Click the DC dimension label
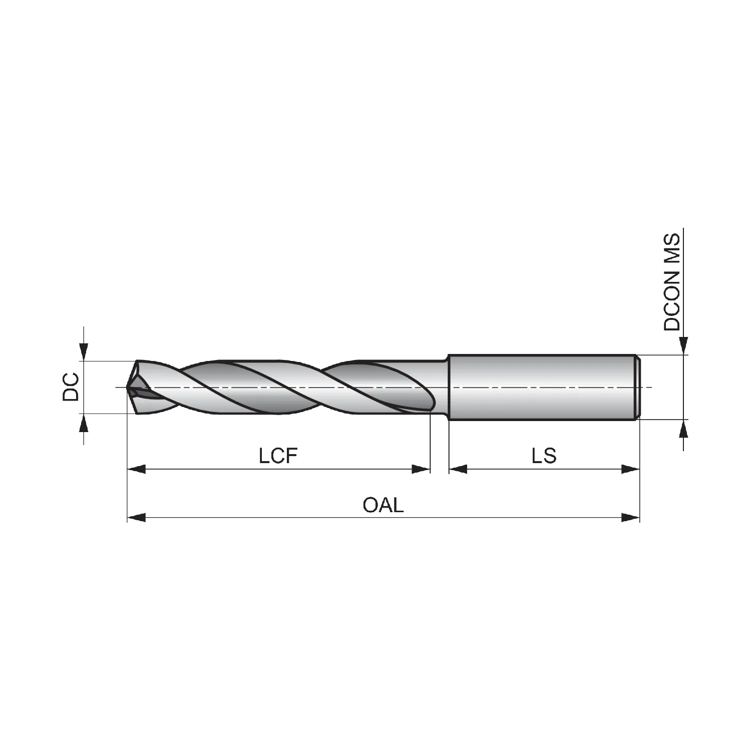pos(71,387)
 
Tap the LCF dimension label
pos(278,456)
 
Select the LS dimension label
pos(544,456)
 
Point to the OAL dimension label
pos(383,505)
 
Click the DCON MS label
pos(672,282)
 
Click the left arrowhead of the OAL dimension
pos(137,518)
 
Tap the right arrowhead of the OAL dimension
pos(630,518)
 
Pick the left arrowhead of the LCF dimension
pos(137,469)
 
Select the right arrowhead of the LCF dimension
pos(421,469)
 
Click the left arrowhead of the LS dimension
pos(458,469)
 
